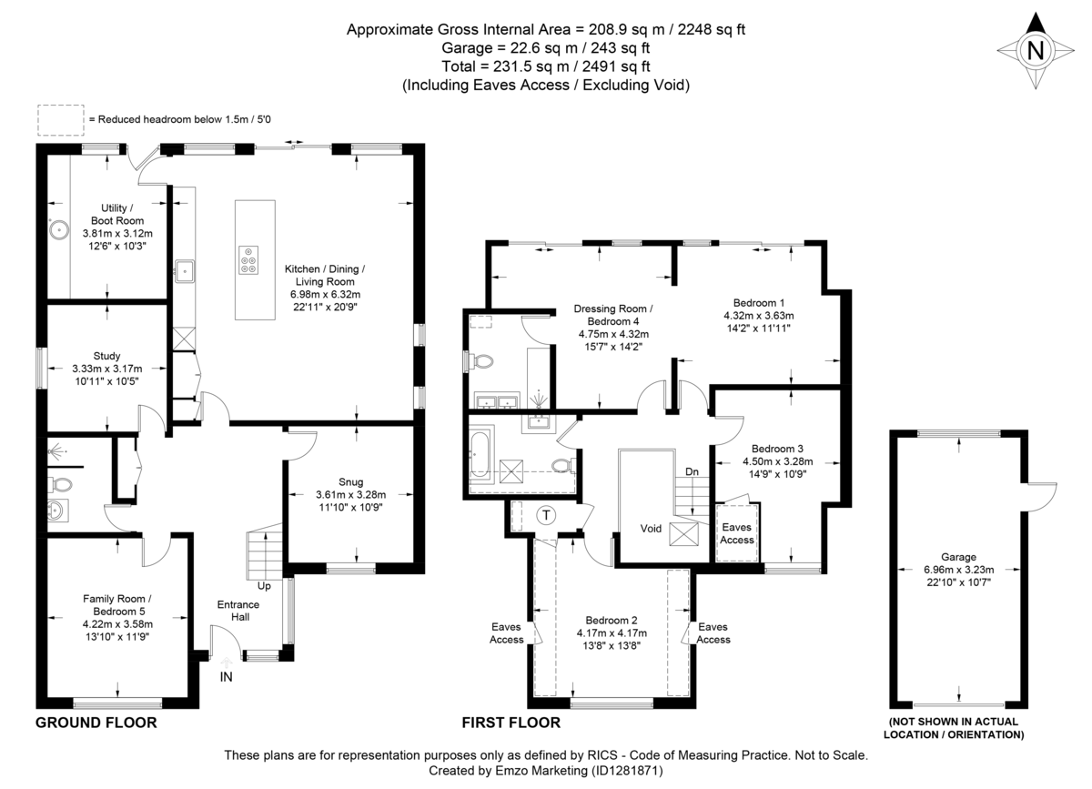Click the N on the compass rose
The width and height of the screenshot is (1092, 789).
point(1035,52)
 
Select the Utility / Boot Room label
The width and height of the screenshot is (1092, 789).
point(116,215)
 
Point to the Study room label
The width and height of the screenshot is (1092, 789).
point(106,356)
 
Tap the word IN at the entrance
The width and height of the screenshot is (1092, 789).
point(227,677)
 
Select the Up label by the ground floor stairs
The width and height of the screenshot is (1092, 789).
point(264,585)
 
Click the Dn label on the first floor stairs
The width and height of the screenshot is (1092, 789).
point(693,471)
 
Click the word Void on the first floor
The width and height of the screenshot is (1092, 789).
point(651,528)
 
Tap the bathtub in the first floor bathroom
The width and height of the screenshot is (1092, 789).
point(480,455)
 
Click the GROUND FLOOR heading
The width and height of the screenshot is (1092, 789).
point(96,723)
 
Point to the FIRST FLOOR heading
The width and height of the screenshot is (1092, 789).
point(511,723)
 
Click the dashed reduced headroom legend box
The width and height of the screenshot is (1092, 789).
point(59,118)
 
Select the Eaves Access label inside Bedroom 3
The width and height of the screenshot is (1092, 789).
point(737,533)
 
